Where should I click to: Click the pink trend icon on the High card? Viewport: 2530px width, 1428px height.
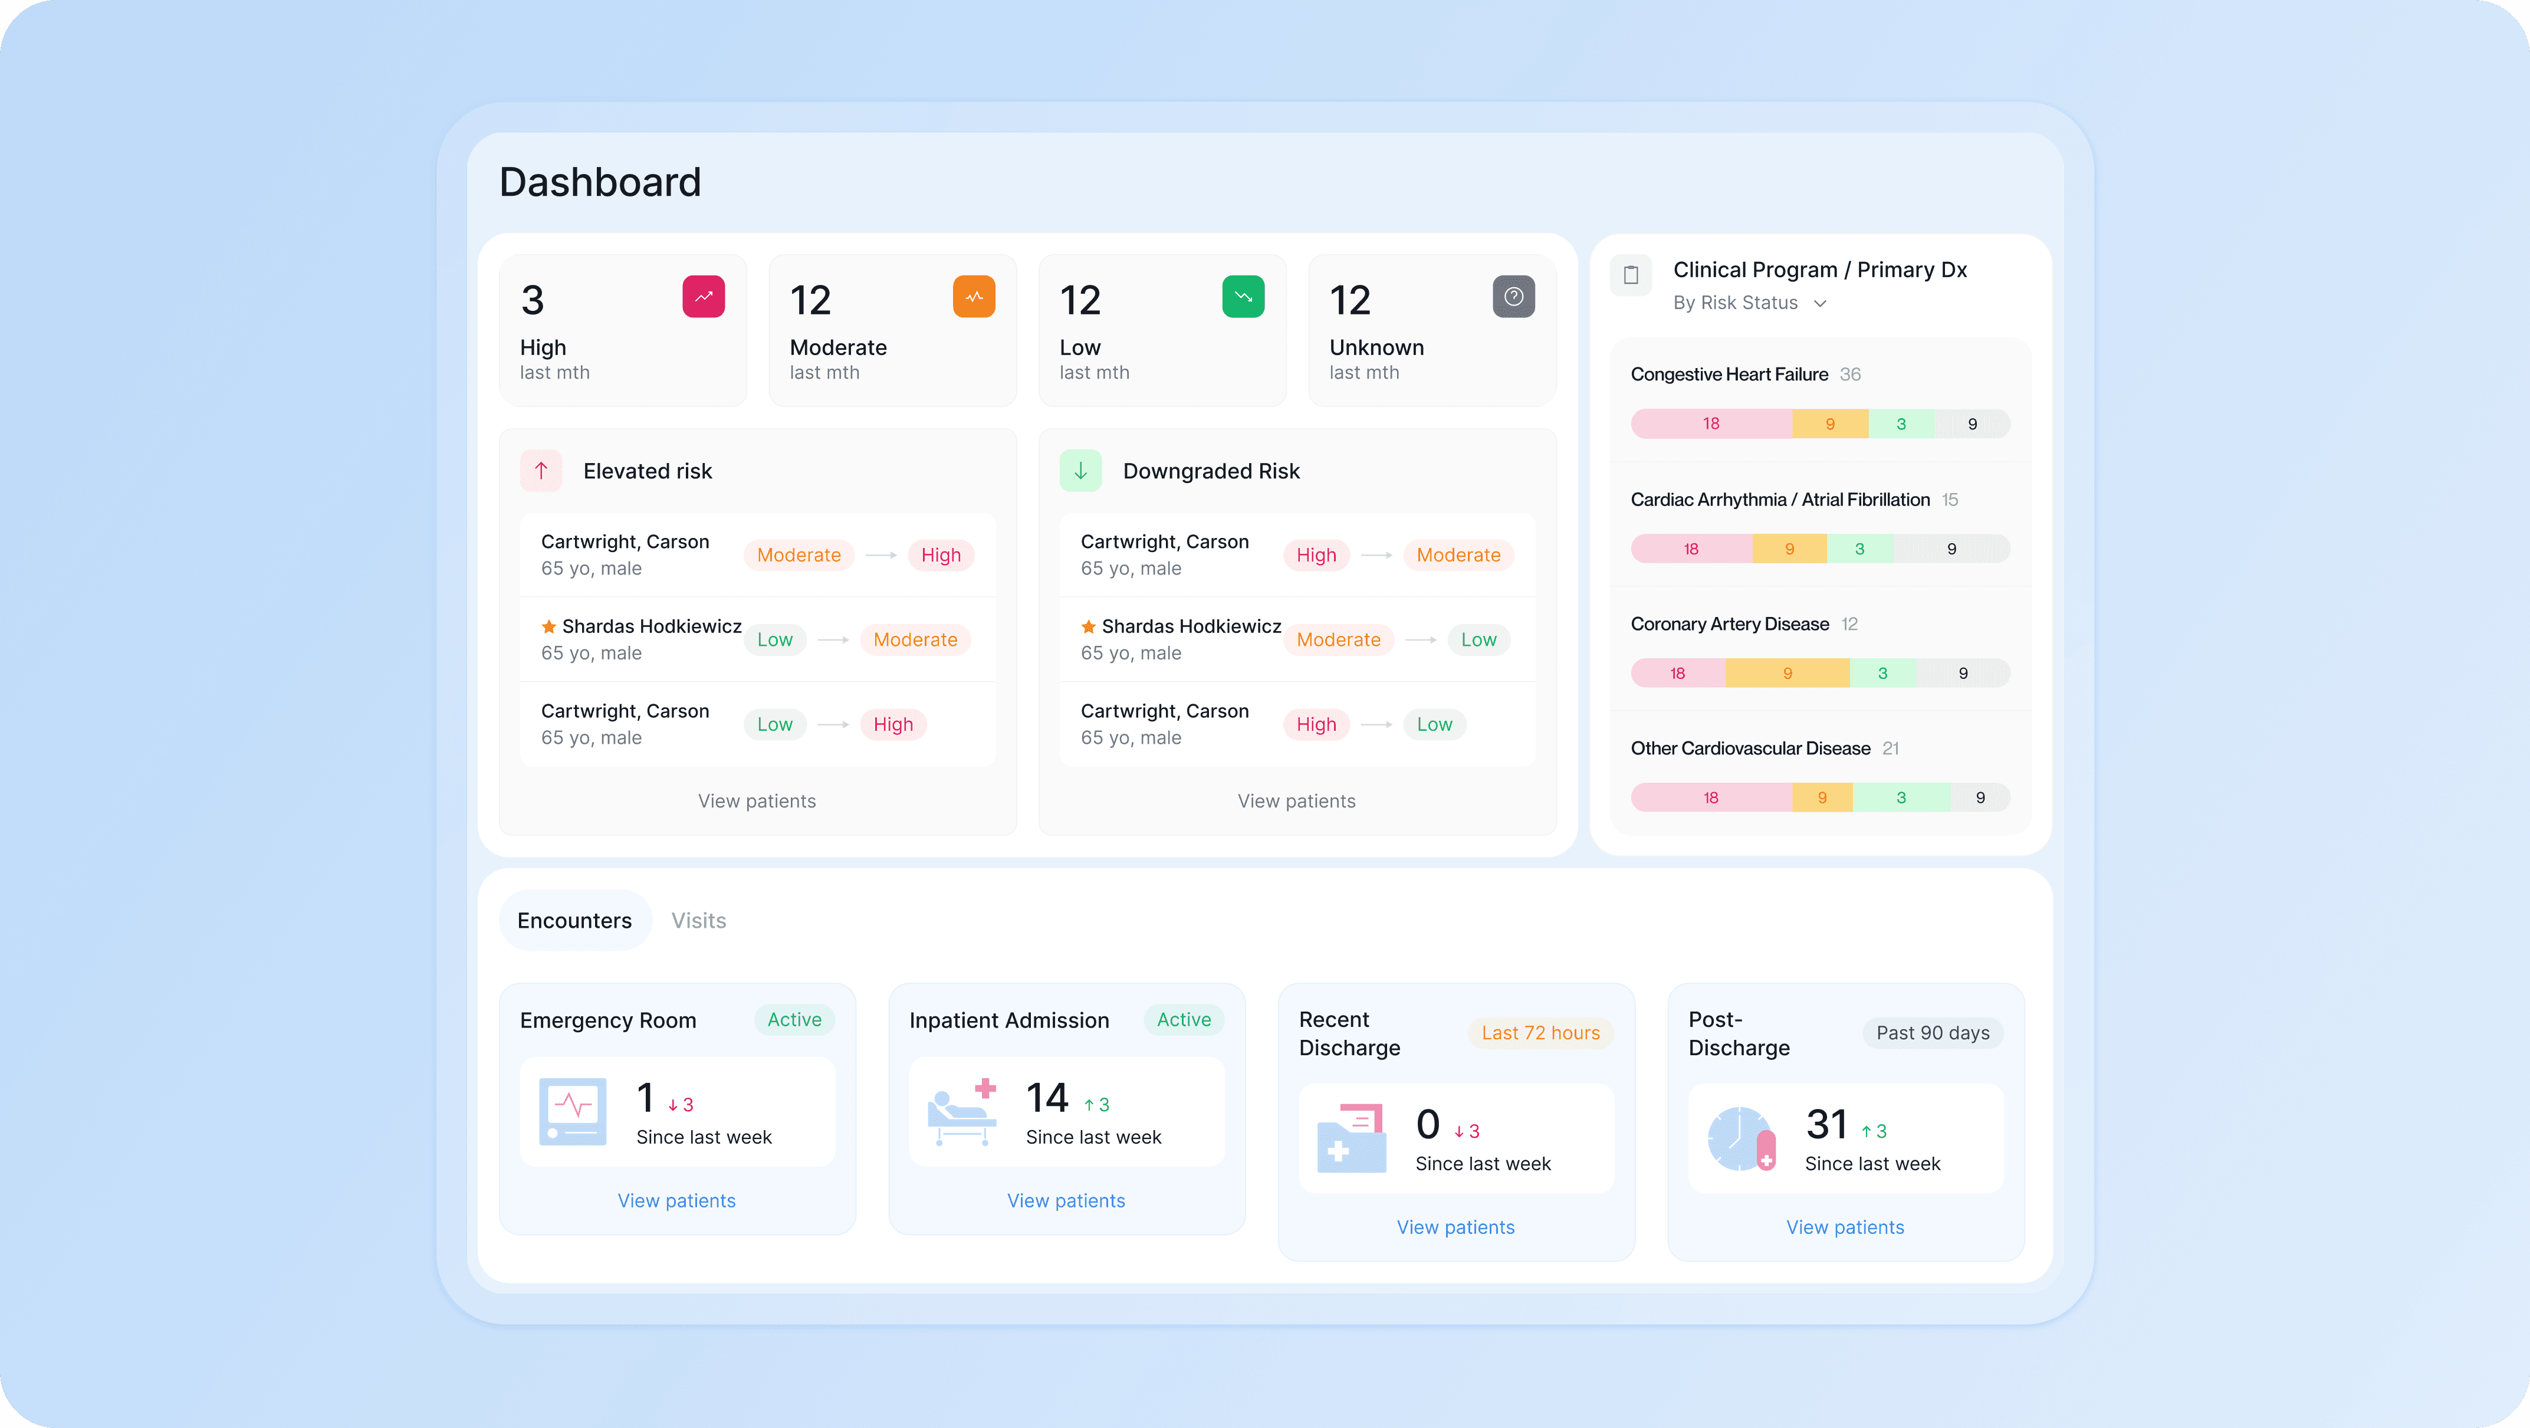703,297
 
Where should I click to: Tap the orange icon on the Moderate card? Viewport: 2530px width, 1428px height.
973,297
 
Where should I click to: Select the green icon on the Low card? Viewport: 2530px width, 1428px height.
1243,297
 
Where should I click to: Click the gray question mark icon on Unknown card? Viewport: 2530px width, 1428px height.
1513,297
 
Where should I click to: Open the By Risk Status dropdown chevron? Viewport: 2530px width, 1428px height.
1820,304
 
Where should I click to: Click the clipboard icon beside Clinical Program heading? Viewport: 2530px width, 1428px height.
1631,275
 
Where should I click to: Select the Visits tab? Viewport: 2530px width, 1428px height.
698,920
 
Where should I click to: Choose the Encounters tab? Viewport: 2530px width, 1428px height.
574,920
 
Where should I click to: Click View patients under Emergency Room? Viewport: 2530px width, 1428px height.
676,1200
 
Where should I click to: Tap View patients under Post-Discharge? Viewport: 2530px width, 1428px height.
1845,1227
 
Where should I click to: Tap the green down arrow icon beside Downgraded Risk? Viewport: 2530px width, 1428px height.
1080,471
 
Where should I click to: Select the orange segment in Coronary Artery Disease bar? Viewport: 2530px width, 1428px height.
1786,673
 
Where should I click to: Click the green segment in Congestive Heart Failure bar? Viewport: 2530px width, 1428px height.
1900,424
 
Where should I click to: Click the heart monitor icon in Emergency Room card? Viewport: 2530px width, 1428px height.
573,1111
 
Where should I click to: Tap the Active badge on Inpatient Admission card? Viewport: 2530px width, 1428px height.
1184,1019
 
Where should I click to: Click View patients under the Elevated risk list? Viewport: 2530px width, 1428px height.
756,800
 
